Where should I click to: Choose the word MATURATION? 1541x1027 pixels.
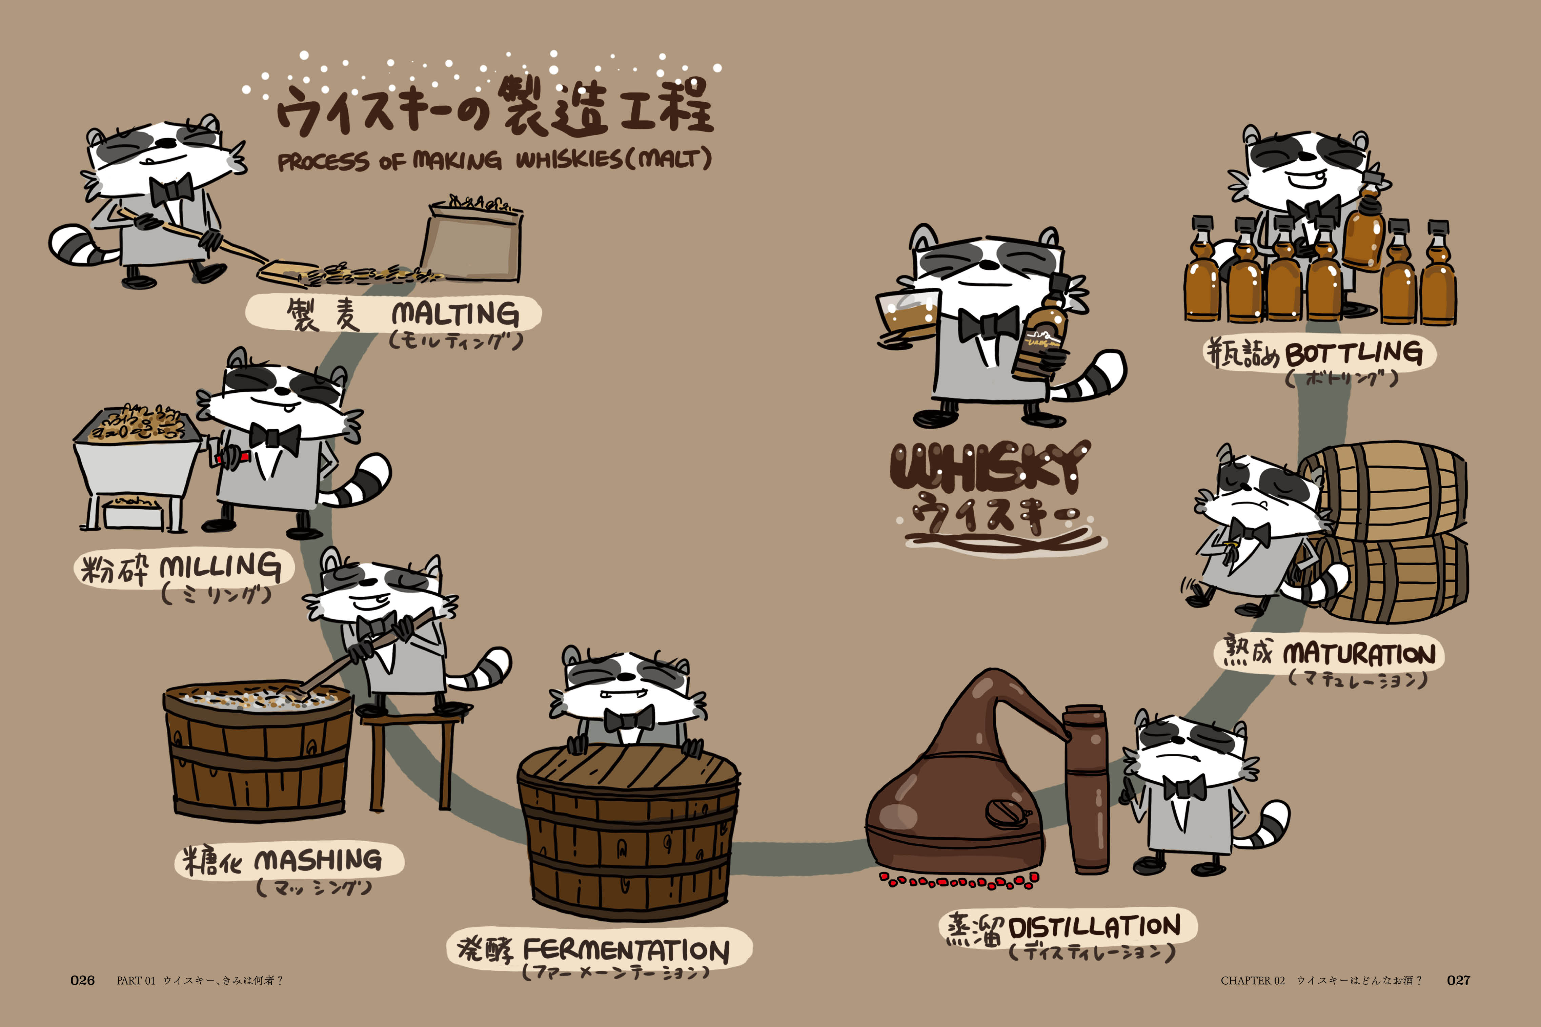[x=1359, y=654]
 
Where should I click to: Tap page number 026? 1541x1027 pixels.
[x=82, y=981]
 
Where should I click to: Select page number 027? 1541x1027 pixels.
[x=1459, y=981]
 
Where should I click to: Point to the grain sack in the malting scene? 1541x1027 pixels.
[x=471, y=239]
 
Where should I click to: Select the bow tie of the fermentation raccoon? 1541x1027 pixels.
[x=629, y=719]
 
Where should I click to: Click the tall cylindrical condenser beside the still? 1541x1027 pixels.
[x=1086, y=789]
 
